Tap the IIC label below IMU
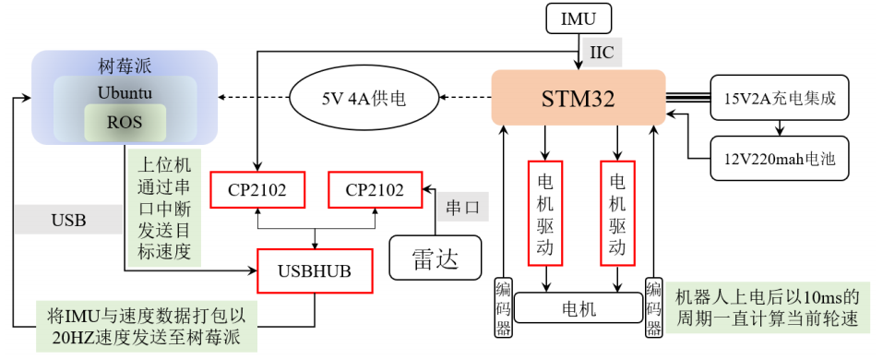point(600,54)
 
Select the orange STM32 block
point(578,97)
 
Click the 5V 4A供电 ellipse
point(364,96)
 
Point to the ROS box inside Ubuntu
point(125,121)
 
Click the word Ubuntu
point(125,93)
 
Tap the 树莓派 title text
point(125,66)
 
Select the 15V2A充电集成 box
point(780,97)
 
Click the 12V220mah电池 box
point(780,158)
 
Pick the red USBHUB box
point(316,270)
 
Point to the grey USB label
point(68,220)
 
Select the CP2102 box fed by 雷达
point(375,190)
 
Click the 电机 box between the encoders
point(579,307)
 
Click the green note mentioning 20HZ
point(146,326)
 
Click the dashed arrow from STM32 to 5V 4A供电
point(464,96)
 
